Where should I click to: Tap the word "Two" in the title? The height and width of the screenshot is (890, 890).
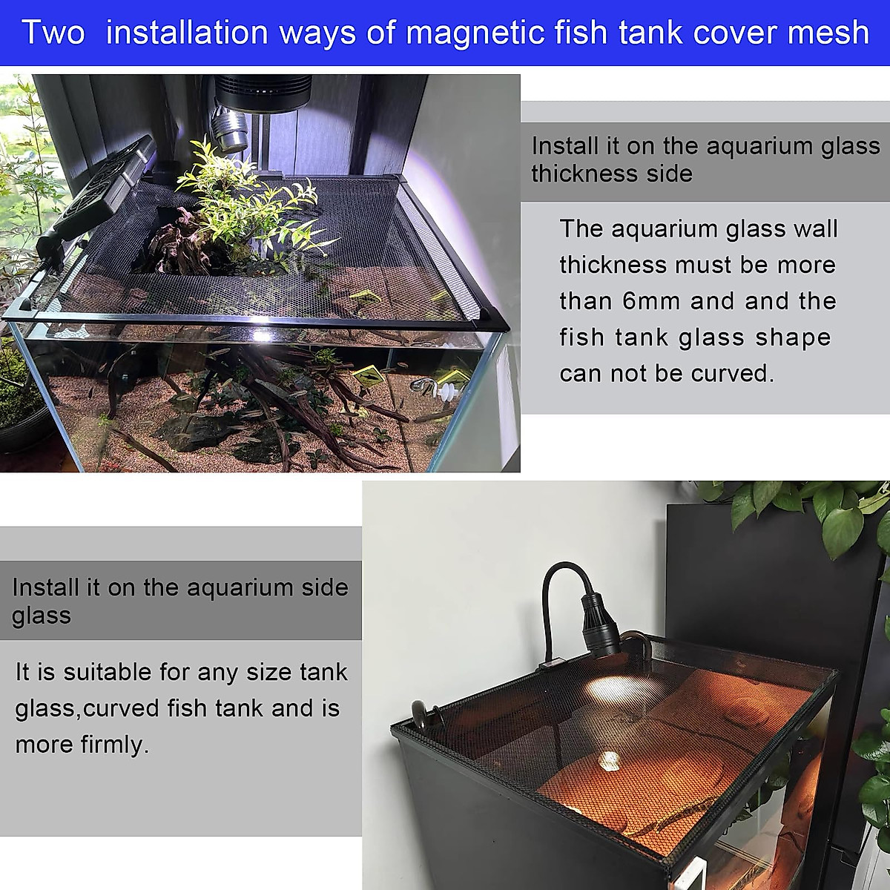point(53,33)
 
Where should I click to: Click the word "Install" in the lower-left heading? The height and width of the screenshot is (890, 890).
point(45,587)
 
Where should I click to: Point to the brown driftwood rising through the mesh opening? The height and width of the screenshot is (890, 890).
point(182,245)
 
